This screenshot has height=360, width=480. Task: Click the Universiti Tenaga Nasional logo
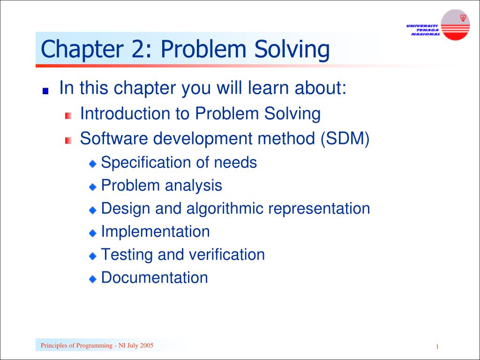click(439, 26)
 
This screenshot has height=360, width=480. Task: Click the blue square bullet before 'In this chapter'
click(45, 91)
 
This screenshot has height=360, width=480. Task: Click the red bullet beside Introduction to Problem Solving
click(68, 115)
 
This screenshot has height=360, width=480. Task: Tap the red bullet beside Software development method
click(68, 140)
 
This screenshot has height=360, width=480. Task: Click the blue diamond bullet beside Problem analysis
click(93, 187)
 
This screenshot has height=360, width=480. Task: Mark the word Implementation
click(156, 232)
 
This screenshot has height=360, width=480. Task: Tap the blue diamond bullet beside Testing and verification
click(93, 256)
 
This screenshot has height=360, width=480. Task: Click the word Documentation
click(155, 277)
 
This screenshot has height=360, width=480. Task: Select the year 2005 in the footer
click(146, 346)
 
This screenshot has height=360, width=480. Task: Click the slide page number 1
click(437, 347)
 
